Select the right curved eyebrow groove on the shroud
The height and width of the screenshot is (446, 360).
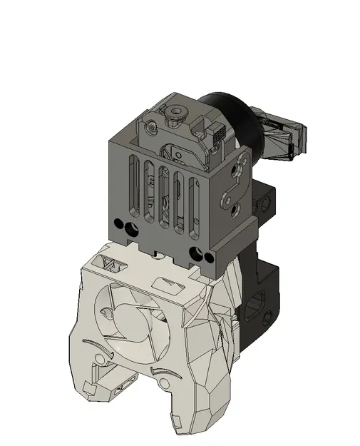pyautogui.click(x=163, y=372)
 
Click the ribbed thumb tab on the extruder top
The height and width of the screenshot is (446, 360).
pyautogui.click(x=218, y=131)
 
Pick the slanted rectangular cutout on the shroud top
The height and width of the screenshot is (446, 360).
pyautogui.click(x=170, y=286)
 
